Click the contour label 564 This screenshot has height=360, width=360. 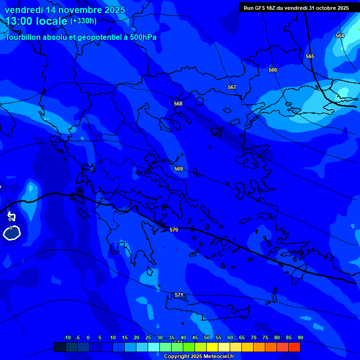[x=339, y=36]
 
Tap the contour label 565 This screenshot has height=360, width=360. [x=310, y=56]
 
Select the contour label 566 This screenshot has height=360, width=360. [x=273, y=70]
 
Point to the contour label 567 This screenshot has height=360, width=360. [x=232, y=88]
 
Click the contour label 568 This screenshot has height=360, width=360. [x=178, y=104]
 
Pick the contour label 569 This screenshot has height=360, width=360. [x=179, y=169]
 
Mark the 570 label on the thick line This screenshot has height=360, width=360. [x=174, y=230]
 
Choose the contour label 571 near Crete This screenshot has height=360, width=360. [x=179, y=295]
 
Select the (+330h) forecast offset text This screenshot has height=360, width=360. [x=83, y=21]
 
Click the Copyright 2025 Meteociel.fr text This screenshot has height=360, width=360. [x=199, y=356]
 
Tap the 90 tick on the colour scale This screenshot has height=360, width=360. [x=300, y=337]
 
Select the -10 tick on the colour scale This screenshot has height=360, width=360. [x=67, y=337]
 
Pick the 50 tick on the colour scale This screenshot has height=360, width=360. [x=207, y=337]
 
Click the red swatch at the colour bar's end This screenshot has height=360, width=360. [x=294, y=347]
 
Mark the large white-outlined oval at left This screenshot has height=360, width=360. [x=12, y=232]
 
